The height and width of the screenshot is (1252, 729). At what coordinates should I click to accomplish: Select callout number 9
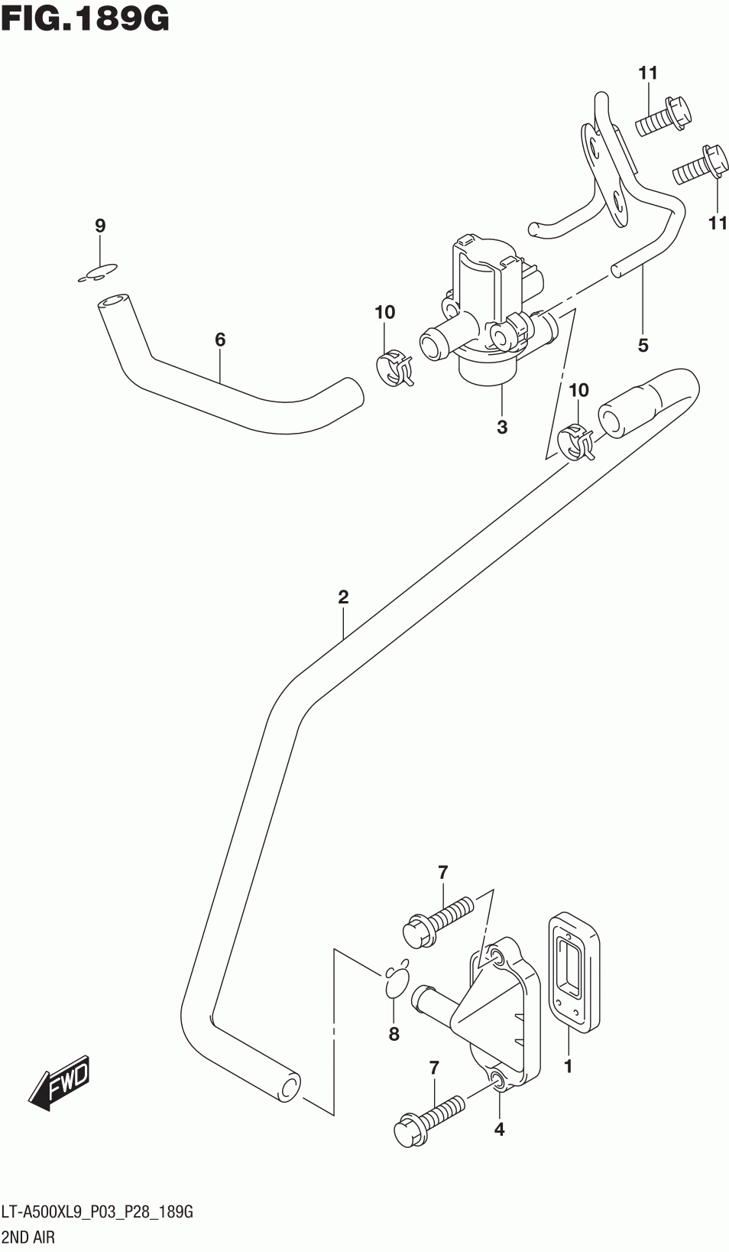100,226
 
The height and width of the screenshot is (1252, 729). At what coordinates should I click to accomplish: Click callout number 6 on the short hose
220,339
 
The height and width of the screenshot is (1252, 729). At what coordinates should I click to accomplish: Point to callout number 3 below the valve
502,427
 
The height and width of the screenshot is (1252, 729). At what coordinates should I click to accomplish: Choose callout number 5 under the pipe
643,346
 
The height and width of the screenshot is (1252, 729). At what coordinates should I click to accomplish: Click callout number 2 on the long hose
343,597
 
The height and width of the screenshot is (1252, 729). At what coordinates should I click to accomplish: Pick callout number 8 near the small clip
394,1034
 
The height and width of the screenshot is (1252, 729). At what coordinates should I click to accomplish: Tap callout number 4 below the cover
499,1129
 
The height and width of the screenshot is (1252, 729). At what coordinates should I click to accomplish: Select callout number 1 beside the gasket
568,1065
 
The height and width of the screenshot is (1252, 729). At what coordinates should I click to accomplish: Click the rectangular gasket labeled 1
573,971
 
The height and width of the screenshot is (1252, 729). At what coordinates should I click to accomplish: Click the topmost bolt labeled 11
663,117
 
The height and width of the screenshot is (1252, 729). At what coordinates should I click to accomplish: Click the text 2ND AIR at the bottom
29,1236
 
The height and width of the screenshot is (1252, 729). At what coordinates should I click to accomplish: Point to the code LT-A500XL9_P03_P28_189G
98,1211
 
